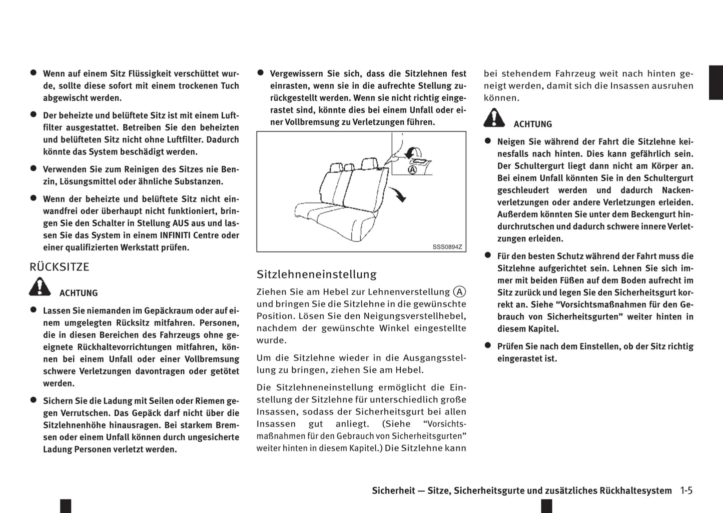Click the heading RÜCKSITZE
(60, 267)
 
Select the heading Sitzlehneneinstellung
(316, 274)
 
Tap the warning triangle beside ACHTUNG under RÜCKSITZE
(40, 287)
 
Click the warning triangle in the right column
(494, 118)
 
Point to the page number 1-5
(686, 490)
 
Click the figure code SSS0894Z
(447, 247)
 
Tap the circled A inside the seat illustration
(412, 170)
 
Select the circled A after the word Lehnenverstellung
(459, 292)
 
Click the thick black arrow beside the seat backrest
(399, 194)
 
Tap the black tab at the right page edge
(715, 82)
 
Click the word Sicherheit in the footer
(393, 491)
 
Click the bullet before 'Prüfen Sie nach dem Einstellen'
(488, 345)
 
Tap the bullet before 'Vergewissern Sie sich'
(261, 73)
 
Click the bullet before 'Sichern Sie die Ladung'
(34, 400)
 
